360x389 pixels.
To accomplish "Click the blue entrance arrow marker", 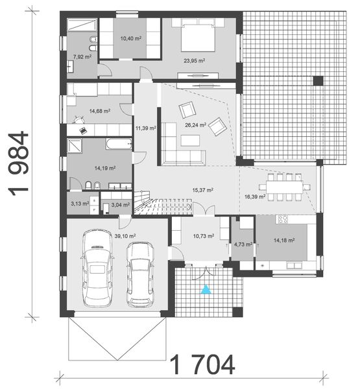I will pyautogui.click(x=206, y=290).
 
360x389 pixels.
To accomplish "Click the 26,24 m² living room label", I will pyautogui.click(x=195, y=125).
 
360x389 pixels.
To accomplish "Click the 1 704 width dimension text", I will pyautogui.click(x=202, y=366).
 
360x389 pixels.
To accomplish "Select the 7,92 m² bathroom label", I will pyautogui.click(x=82, y=57).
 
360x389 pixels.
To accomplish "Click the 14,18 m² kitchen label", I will pyautogui.click(x=284, y=240).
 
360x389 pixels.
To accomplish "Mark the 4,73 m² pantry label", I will pyautogui.click(x=243, y=245).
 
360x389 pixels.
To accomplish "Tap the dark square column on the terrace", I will pyautogui.click(x=318, y=81).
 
